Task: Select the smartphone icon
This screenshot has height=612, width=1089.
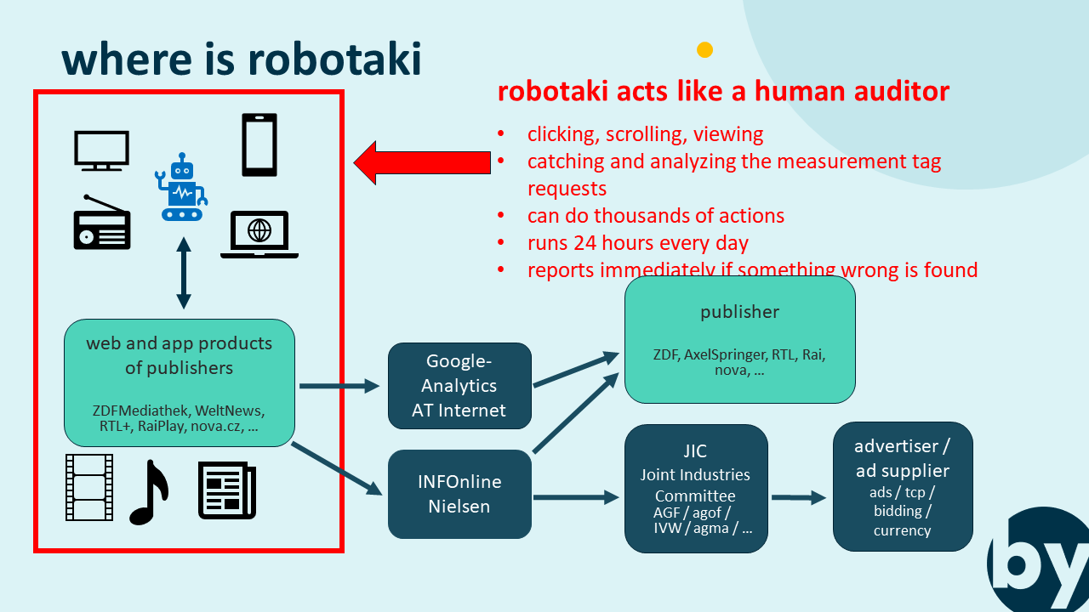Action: (259, 144)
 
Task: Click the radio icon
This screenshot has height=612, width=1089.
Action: (102, 223)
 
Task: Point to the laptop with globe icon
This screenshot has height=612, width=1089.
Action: (259, 234)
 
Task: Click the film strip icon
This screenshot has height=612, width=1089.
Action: (89, 487)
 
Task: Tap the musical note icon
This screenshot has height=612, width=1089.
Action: (148, 492)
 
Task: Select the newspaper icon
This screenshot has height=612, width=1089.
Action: (226, 490)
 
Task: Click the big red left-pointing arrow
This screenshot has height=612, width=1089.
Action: (421, 162)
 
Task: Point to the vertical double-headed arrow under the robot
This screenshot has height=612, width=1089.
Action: (183, 273)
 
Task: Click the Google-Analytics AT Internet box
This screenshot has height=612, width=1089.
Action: (459, 386)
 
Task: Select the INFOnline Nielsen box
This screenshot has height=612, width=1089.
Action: (459, 494)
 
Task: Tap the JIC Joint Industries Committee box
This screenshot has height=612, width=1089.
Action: (696, 489)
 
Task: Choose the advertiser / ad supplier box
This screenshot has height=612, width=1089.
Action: (902, 486)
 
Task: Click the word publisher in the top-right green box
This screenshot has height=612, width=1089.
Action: (739, 312)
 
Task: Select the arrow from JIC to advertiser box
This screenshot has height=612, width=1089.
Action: (799, 498)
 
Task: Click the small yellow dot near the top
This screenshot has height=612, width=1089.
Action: (704, 49)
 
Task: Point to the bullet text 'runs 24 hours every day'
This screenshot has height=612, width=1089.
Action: (638, 243)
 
